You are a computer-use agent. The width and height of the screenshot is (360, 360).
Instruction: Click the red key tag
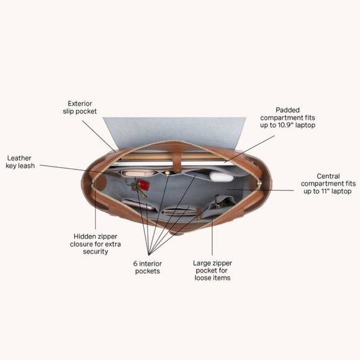coord(143,184)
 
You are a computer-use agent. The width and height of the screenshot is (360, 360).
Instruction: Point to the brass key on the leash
coord(138,189)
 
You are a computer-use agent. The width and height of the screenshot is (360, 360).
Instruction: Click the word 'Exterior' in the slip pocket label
coord(80,104)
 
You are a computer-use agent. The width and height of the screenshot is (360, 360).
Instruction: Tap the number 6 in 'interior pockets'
coord(135,264)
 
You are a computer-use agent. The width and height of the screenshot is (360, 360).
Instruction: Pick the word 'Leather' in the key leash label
coord(19,158)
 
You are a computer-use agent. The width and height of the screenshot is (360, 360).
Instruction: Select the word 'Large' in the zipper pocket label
coord(202,263)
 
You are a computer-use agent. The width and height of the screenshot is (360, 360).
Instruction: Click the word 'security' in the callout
coord(96,251)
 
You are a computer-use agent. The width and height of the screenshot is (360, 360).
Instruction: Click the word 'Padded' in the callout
coord(287,110)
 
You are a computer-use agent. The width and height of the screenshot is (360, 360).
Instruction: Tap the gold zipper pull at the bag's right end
coord(259,184)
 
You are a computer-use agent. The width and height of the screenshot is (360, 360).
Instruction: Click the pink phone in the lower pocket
coord(138,204)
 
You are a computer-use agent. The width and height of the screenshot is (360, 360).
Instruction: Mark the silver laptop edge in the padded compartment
coord(170,163)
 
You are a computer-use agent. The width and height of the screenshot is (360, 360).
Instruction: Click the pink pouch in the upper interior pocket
coord(137,173)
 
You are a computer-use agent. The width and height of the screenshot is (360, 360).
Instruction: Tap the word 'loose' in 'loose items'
coord(202,278)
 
